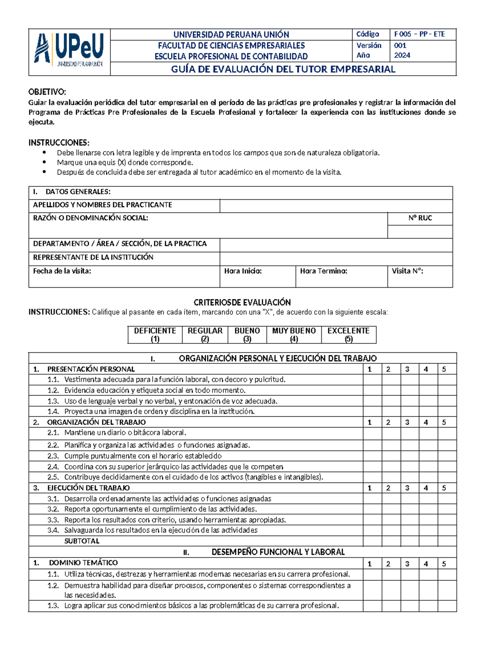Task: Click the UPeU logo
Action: click(x=69, y=50)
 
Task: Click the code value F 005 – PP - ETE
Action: click(x=419, y=34)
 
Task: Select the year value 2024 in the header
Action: click(x=402, y=55)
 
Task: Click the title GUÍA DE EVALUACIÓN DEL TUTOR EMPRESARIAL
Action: click(x=283, y=69)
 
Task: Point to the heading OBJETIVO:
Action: click(x=47, y=92)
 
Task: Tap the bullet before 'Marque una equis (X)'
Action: click(x=44, y=162)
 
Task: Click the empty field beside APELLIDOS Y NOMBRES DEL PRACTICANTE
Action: click(x=335, y=205)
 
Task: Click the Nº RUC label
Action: click(x=420, y=218)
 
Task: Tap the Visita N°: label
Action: click(x=407, y=271)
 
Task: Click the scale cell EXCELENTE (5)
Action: click(x=348, y=335)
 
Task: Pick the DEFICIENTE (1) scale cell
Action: click(x=155, y=335)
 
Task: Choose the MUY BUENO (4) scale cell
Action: click(x=294, y=335)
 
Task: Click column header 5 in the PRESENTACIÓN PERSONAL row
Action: click(x=444, y=369)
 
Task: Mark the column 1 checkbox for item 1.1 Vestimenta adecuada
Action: click(x=372, y=380)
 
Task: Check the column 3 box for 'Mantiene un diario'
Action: click(x=410, y=433)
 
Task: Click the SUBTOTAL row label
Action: click(x=82, y=541)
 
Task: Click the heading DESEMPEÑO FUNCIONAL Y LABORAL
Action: click(x=278, y=552)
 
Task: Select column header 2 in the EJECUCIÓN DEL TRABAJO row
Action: click(x=388, y=488)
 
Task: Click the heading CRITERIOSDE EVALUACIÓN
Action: click(x=242, y=302)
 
